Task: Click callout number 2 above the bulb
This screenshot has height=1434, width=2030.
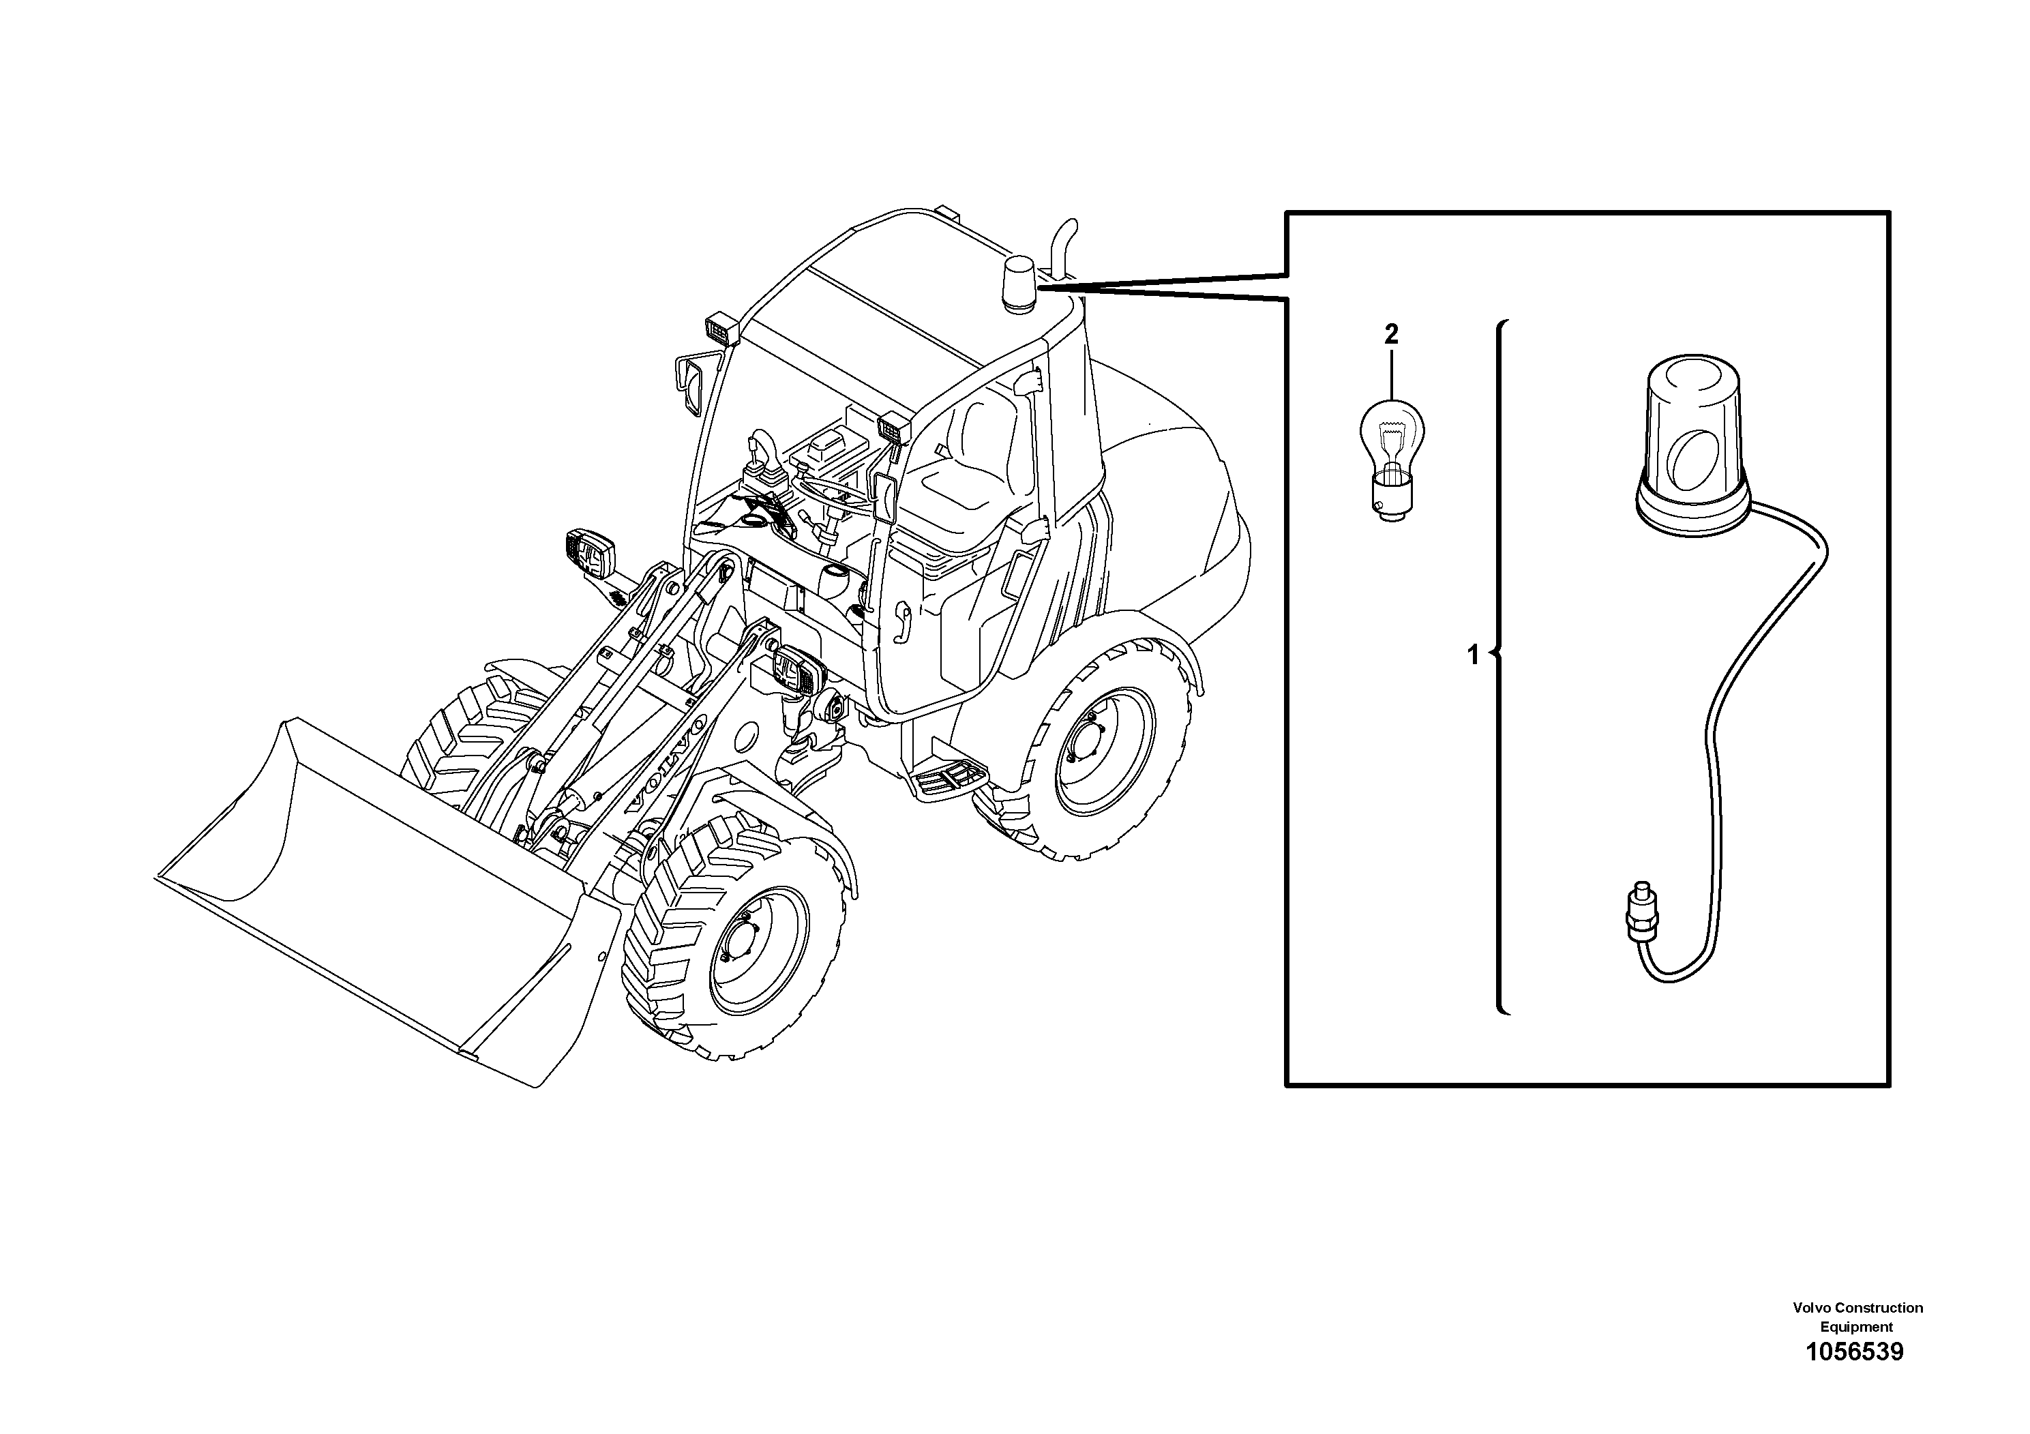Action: (1391, 335)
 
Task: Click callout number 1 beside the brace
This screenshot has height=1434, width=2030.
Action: (1472, 655)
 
